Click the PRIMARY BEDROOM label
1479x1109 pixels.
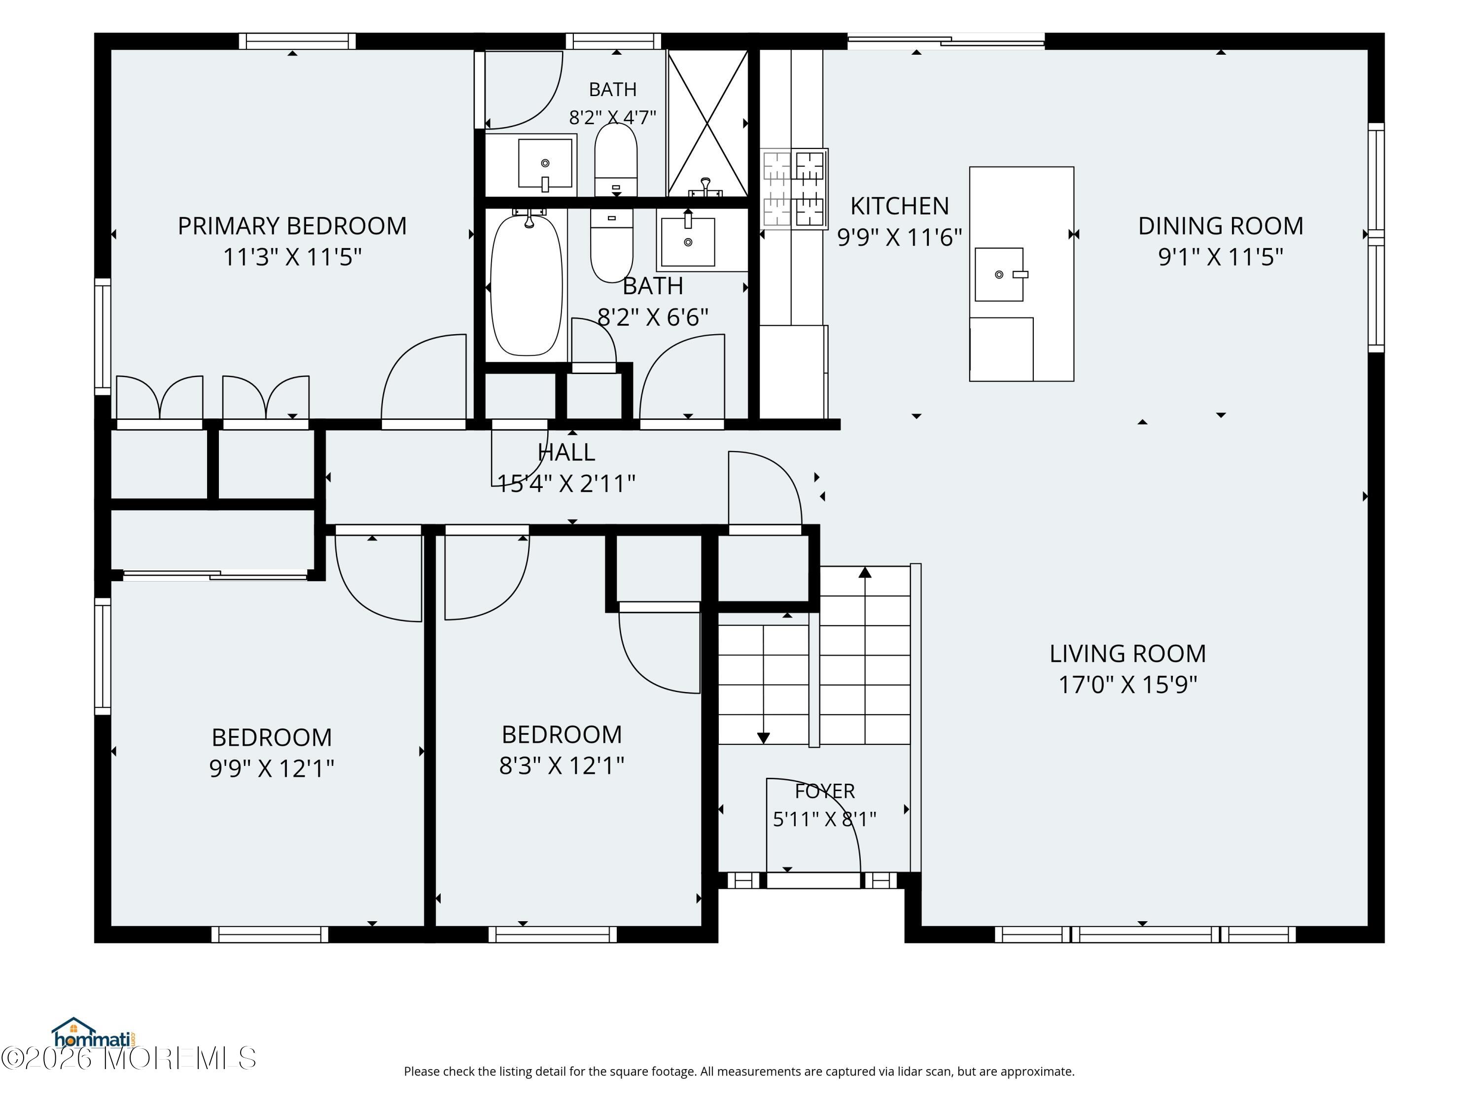(x=292, y=226)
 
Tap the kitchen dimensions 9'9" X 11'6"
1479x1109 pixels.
(x=899, y=237)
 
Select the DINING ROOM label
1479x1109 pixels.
(x=1221, y=226)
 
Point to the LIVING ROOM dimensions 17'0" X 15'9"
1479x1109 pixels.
(x=1127, y=685)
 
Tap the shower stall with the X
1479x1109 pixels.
(x=707, y=124)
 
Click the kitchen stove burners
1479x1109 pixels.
(x=794, y=188)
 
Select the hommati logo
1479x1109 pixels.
(x=93, y=1034)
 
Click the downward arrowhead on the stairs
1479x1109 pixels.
(x=763, y=738)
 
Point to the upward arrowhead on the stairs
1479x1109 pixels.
(x=865, y=572)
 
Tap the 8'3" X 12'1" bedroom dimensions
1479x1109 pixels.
(x=562, y=765)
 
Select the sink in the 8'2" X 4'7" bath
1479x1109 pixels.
(x=545, y=164)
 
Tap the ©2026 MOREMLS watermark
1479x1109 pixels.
(x=128, y=1058)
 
